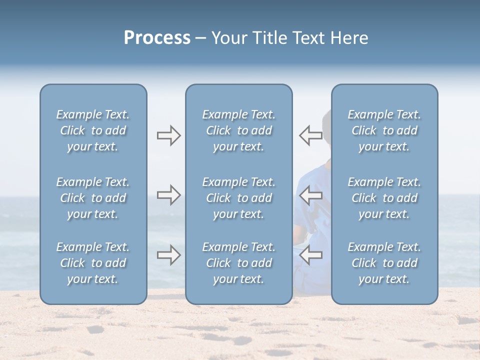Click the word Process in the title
(157, 38)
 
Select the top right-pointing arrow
(168, 135)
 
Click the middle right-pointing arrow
(168, 195)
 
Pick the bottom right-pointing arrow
(168, 255)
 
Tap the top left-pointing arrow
(311, 135)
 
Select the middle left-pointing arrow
(311, 195)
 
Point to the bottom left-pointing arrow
(311, 255)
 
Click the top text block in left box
(93, 130)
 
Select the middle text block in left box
(93, 198)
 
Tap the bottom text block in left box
(93, 263)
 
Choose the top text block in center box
(239, 130)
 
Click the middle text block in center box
(239, 198)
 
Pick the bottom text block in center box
(239, 263)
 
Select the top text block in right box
(384, 130)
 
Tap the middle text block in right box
(384, 198)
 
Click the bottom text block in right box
(384, 263)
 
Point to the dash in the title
(200, 38)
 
